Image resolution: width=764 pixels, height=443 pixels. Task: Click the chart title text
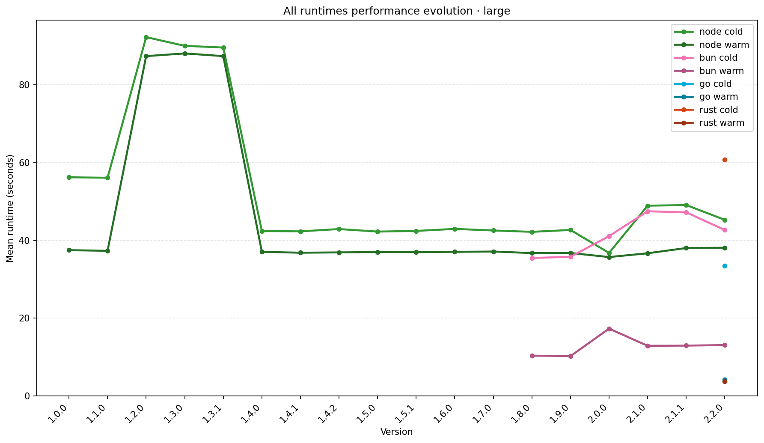coord(396,11)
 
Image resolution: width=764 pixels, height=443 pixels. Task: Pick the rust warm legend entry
coord(722,123)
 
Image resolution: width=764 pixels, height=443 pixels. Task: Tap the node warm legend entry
coord(724,45)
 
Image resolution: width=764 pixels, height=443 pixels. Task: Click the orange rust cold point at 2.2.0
coord(725,160)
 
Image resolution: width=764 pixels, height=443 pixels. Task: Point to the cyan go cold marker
coord(725,266)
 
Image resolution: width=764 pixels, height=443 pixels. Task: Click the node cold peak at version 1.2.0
coord(146,37)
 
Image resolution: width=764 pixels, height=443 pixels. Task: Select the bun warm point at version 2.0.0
coord(609,329)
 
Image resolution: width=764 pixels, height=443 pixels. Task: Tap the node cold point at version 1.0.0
coord(69,177)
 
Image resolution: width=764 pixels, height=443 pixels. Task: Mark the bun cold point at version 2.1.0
coord(648,211)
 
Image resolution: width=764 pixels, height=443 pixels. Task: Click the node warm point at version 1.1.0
coord(107,251)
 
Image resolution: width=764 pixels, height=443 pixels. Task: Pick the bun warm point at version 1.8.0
coord(532,356)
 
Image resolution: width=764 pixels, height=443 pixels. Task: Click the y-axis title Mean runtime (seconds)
coord(10,208)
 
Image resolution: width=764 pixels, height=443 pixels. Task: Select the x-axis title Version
coord(396,432)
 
